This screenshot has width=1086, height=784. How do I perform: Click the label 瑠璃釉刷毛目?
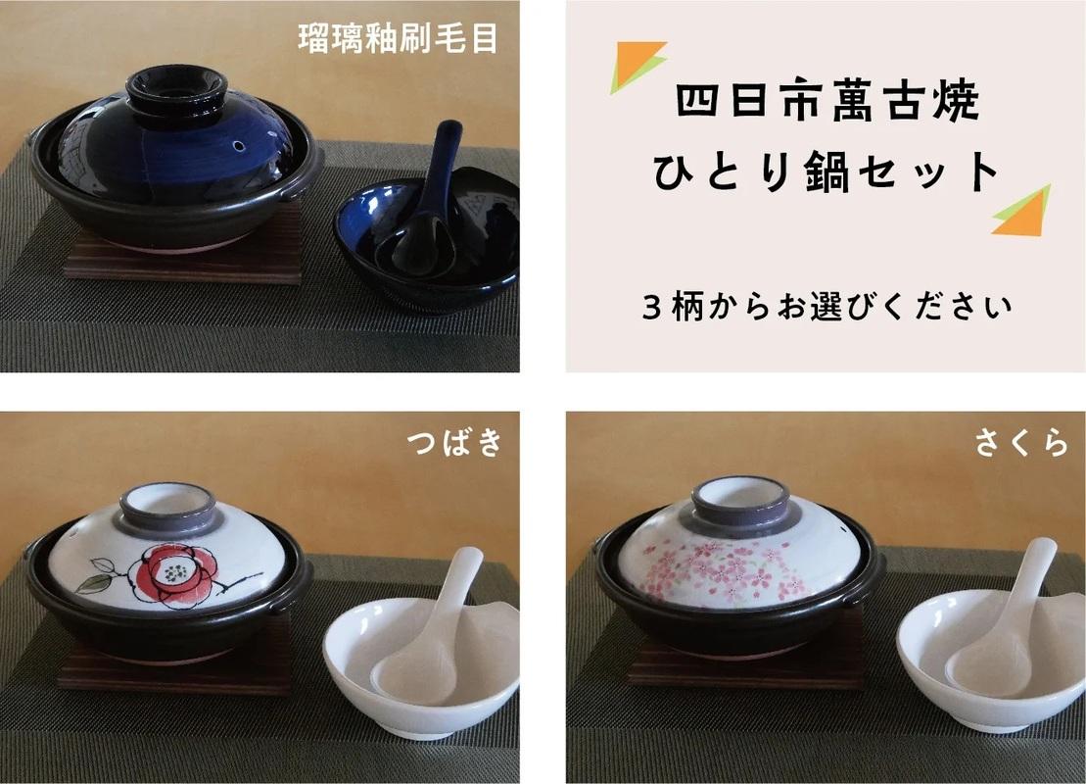coord(399,38)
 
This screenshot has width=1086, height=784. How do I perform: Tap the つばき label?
coord(453,442)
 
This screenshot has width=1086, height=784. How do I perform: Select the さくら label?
coord(1021,442)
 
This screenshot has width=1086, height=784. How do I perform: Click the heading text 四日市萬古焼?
coord(826,101)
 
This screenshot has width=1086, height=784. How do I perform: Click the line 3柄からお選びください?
coord(826,306)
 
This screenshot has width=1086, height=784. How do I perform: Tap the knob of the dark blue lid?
coord(176,91)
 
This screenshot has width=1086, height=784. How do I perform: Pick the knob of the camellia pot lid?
coord(167,508)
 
